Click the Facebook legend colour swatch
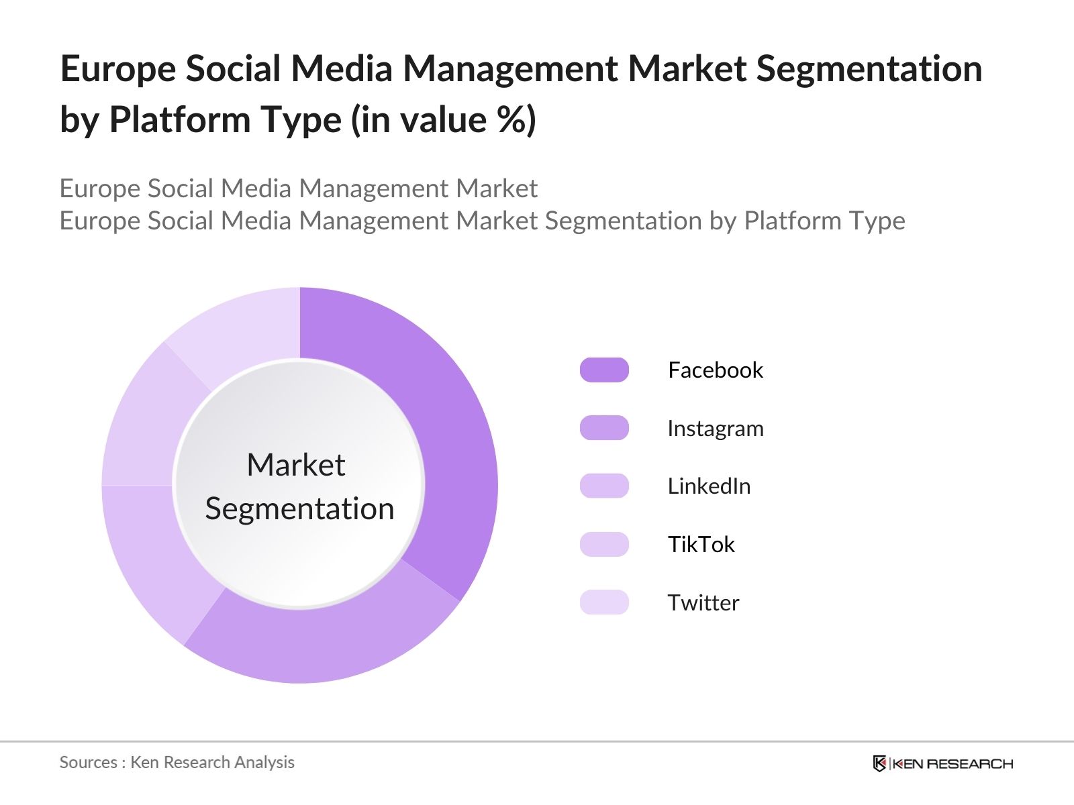pyautogui.click(x=604, y=370)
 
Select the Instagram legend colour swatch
pyautogui.click(x=604, y=428)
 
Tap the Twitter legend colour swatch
pyautogui.click(x=604, y=602)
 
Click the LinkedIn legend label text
pyautogui.click(x=709, y=486)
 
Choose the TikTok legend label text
pyautogui.click(x=701, y=544)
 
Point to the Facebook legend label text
pyautogui.click(x=716, y=370)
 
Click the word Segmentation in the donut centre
pyautogui.click(x=299, y=508)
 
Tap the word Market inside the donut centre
pyautogui.click(x=295, y=464)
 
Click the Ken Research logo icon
pyautogui.click(x=879, y=763)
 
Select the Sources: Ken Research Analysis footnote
pyautogui.click(x=177, y=762)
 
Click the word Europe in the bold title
pyautogui.click(x=117, y=69)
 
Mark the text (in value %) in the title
pyautogui.click(x=444, y=120)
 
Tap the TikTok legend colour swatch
pyautogui.click(x=604, y=544)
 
